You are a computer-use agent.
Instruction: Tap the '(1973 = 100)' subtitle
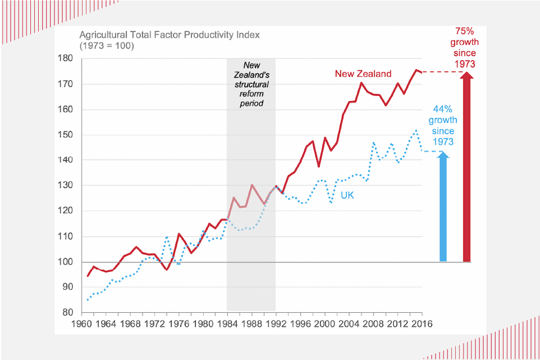[x=106, y=46]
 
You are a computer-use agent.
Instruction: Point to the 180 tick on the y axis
[x=67, y=58]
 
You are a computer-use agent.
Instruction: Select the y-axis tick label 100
[x=67, y=262]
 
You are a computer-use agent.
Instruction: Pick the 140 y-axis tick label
[x=67, y=160]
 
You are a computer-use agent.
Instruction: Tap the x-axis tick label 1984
[x=227, y=324]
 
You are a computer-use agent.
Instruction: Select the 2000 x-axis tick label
[x=324, y=324]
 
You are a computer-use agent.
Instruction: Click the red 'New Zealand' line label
[x=363, y=74]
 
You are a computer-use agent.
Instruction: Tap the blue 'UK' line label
[x=348, y=196]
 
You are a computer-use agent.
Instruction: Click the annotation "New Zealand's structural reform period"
[x=251, y=84]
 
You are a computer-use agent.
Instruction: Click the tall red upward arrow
[x=466, y=169]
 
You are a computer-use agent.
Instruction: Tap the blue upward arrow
[x=443, y=208]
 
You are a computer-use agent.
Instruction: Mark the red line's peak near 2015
[x=416, y=70]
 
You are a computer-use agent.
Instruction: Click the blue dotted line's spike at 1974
[x=167, y=237]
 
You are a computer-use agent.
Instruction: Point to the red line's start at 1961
[x=88, y=276]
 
